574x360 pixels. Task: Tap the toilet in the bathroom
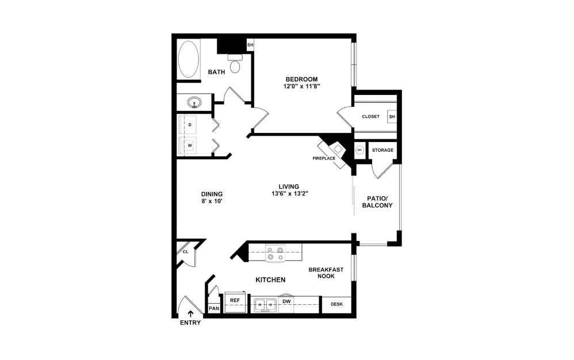tap(235, 65)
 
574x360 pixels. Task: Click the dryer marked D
tap(189, 125)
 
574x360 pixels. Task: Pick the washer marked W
tap(189, 146)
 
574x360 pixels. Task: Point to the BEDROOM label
tap(301, 79)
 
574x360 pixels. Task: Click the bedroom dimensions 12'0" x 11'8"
tap(301, 86)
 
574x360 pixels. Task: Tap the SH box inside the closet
tap(392, 117)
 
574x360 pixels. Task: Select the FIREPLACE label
tap(324, 158)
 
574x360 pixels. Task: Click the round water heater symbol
tap(360, 150)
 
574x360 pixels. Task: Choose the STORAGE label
tap(382, 150)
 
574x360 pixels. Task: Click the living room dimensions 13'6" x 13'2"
tap(289, 194)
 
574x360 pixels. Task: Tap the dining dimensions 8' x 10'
tap(212, 202)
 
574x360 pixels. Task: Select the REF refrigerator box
tap(235, 301)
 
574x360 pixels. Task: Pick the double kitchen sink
tap(266, 304)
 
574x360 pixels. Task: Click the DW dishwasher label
tap(286, 301)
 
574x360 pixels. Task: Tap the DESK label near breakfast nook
tap(336, 304)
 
